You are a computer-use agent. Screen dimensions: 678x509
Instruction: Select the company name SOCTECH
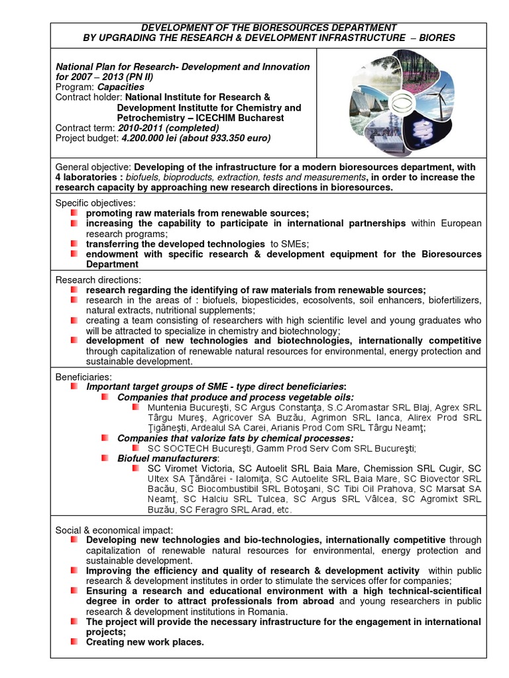[186, 448]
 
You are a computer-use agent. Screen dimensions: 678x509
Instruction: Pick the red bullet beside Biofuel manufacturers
[105, 458]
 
